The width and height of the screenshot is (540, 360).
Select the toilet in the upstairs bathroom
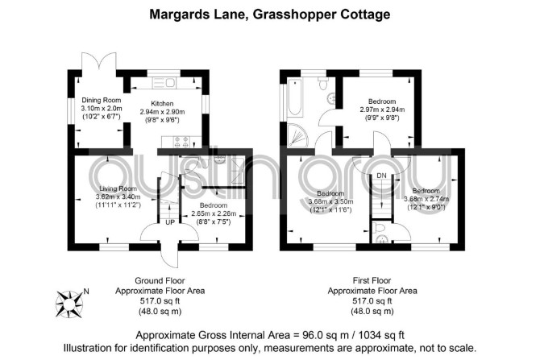click(x=322, y=84)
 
